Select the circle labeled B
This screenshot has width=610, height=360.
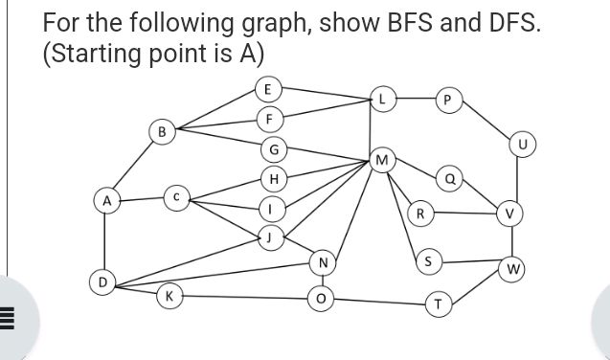(x=163, y=130)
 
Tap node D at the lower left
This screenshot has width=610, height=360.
(x=100, y=283)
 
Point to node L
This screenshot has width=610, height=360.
(x=382, y=99)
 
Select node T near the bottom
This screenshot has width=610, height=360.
(x=438, y=304)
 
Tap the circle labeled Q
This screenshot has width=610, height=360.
(x=447, y=178)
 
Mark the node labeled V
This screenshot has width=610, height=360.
(x=511, y=214)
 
